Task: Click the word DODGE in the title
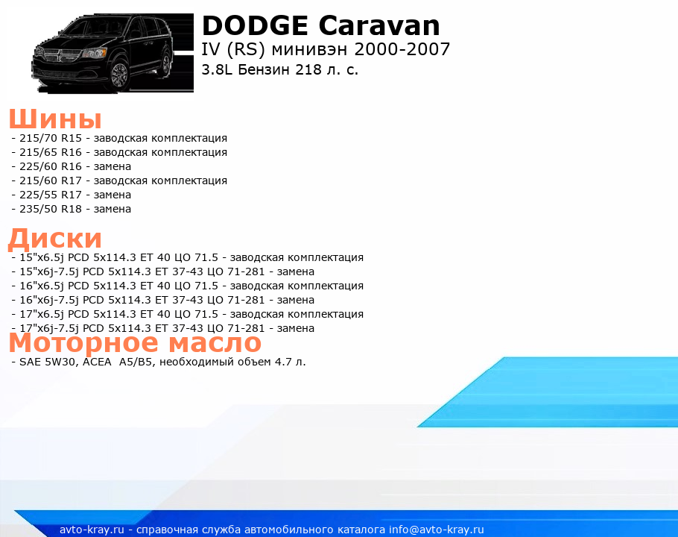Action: point(255,25)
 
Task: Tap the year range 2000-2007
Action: point(402,49)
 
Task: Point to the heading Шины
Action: point(55,119)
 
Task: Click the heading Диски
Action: point(55,239)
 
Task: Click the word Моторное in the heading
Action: point(83,343)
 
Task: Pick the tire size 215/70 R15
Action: point(51,138)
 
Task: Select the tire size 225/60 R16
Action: point(51,166)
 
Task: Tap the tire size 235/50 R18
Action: point(51,209)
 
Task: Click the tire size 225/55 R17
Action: point(51,195)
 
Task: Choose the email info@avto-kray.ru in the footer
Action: point(437,530)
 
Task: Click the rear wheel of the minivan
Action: point(166,63)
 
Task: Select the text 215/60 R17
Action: point(51,180)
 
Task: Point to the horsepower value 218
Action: point(308,69)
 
